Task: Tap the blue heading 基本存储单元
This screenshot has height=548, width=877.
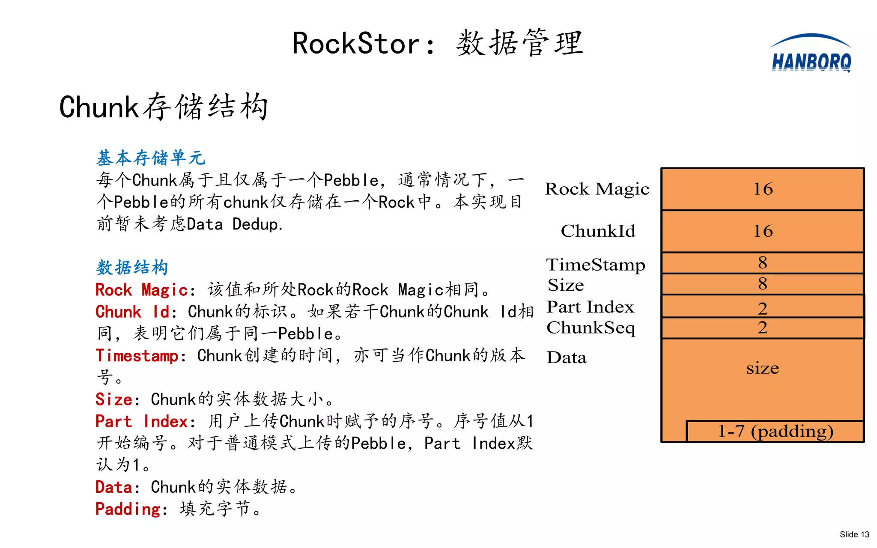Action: coord(151,158)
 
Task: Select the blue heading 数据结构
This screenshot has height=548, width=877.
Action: coord(132,268)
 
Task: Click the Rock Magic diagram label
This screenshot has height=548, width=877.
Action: coord(597,189)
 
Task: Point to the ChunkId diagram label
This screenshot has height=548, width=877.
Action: coord(598,231)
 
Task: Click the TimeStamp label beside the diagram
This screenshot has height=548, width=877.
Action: coord(595,265)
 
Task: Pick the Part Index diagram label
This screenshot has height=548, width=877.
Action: coord(590,307)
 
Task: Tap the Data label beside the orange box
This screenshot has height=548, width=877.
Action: coord(566,357)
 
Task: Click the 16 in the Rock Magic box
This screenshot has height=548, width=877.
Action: coord(763,189)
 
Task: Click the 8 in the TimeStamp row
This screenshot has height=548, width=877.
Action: coord(762,263)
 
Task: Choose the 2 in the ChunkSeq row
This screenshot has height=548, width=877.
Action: coord(762,328)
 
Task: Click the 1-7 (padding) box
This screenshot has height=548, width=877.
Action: coord(775,431)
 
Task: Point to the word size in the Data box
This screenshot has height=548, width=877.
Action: coord(762,368)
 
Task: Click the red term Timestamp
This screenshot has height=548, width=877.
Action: coord(137,356)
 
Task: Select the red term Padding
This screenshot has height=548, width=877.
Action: coord(128,509)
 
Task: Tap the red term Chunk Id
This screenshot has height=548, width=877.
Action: coord(133,312)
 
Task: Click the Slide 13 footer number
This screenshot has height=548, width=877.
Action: coord(854,534)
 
